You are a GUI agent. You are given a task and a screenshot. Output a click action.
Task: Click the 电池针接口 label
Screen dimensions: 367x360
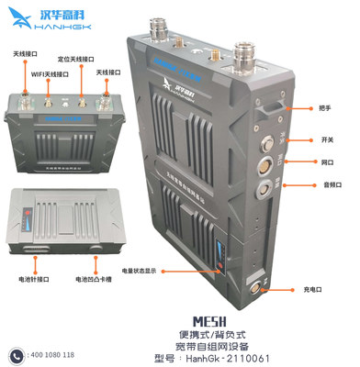coord(33,276)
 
